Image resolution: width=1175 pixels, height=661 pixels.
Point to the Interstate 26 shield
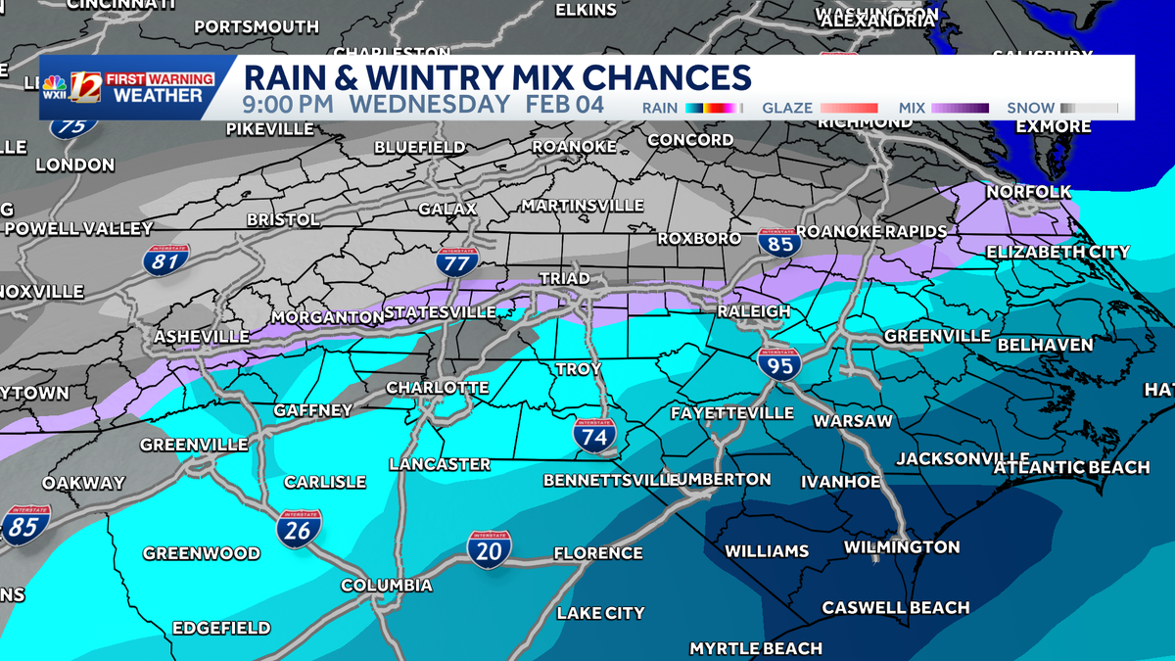tap(299, 529)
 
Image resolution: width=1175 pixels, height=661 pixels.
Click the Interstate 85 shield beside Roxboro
tap(778, 242)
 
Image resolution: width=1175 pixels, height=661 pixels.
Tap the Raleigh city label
tap(753, 310)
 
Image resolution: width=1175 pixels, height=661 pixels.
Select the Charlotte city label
tap(437, 388)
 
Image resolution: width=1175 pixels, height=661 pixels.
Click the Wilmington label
tap(901, 546)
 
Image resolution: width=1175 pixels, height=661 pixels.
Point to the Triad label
tap(565, 279)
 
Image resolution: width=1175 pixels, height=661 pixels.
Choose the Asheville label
tap(201, 336)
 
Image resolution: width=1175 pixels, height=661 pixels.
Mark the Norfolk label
tap(1028, 192)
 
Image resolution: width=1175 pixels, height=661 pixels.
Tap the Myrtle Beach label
tap(755, 648)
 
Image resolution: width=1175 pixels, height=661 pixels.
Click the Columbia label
tap(386, 585)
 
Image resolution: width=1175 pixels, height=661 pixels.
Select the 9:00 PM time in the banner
tap(289, 105)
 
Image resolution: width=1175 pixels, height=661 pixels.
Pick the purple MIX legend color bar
tap(960, 108)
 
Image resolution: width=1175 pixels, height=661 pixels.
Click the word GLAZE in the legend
tap(786, 108)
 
